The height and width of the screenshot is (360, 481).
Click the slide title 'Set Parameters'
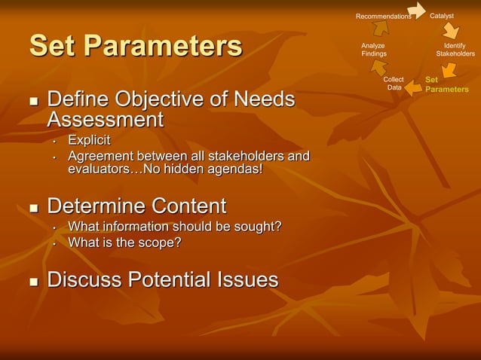click(x=136, y=46)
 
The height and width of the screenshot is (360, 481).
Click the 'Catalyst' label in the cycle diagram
click(x=442, y=16)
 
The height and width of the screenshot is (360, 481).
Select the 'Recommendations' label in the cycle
click(x=383, y=17)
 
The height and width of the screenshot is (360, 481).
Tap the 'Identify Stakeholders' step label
click(x=455, y=50)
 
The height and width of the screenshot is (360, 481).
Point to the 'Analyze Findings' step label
click(x=373, y=50)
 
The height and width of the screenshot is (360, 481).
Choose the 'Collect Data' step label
click(x=394, y=84)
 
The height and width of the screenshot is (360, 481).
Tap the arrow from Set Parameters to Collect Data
click(x=414, y=90)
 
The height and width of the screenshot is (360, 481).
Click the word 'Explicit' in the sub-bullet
click(x=89, y=140)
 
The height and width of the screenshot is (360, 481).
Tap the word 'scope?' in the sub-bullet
click(x=160, y=242)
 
